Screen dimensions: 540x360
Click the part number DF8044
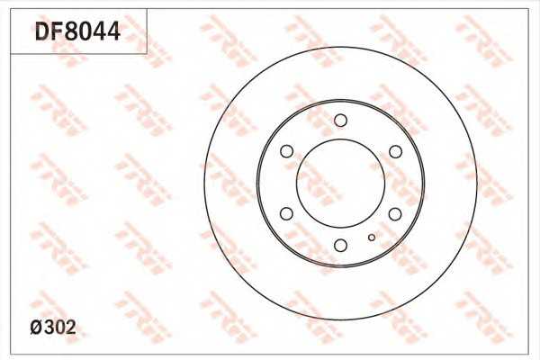coord(77,31)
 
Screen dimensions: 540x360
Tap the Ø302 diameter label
coord(53,328)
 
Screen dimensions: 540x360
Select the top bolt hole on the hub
coord(340,121)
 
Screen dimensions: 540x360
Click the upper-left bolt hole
coord(286,151)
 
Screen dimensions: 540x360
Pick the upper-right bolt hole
coord(395,151)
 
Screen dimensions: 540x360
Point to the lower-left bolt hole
coord(286,213)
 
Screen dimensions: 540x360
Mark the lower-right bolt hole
coord(395,214)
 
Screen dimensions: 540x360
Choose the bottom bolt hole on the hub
coord(340,246)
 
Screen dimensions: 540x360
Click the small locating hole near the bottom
coord(372,238)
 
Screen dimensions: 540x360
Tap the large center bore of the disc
coord(340,139)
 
